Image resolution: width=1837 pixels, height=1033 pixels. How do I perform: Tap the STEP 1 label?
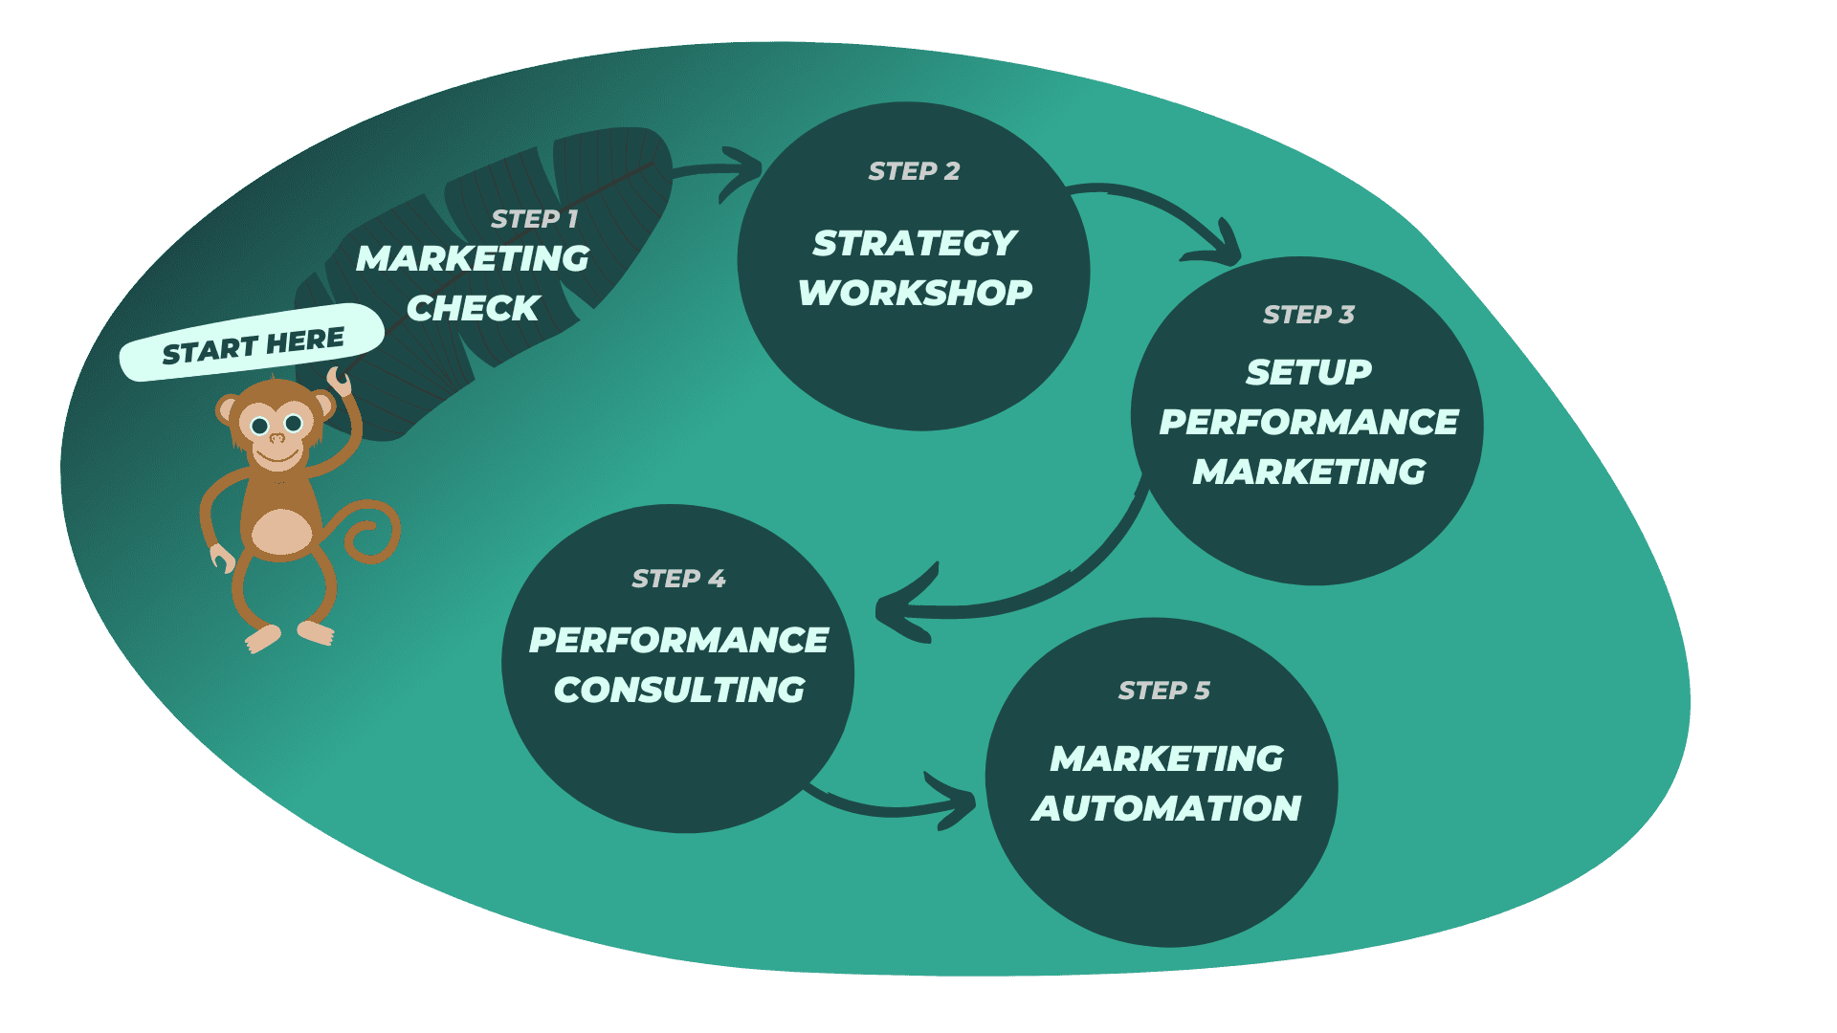click(534, 219)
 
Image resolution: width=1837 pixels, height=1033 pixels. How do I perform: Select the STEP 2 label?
click(914, 171)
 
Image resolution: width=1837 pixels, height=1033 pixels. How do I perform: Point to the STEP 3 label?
click(1308, 315)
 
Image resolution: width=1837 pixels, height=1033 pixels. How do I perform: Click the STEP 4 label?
click(678, 579)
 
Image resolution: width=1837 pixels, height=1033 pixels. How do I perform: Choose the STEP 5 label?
click(1163, 691)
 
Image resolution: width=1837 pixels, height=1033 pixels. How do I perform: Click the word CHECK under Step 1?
click(473, 308)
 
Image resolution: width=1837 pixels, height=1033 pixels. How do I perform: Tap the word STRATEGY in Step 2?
click(915, 243)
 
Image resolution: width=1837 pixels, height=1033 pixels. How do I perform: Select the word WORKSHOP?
click(915, 293)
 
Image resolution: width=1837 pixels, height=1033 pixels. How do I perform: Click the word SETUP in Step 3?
click(1308, 372)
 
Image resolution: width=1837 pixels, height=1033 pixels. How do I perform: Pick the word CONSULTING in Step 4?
click(679, 690)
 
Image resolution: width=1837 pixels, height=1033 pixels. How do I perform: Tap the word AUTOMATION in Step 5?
click(1166, 808)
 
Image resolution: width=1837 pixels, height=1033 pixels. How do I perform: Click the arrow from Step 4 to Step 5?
click(895, 805)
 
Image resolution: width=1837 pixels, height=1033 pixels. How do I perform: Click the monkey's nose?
click(277, 438)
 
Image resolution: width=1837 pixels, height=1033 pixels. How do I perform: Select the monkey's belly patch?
click(280, 532)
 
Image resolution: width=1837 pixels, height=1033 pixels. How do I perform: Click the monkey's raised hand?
click(339, 381)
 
